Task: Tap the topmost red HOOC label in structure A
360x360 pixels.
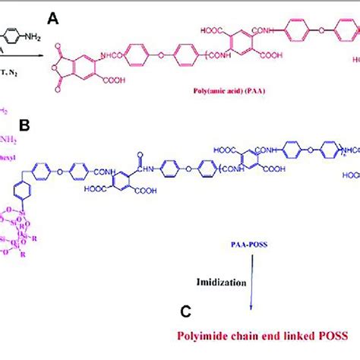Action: (x=212, y=30)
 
